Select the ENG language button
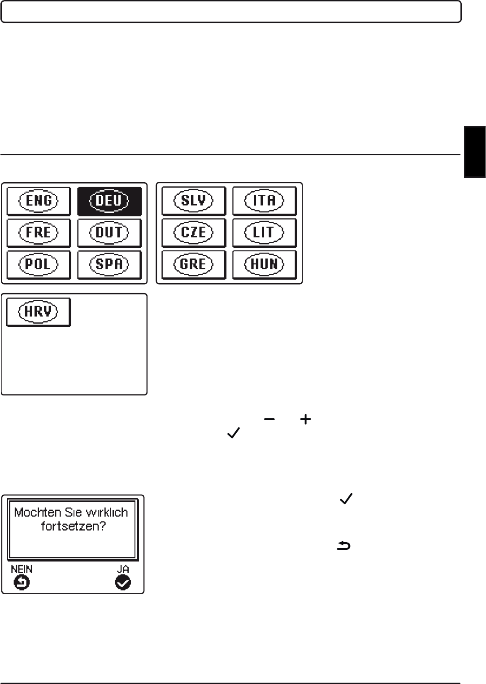click(x=39, y=201)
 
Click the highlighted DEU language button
click(x=109, y=201)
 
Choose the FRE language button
click(x=39, y=233)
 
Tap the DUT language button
click(x=109, y=233)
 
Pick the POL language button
click(x=39, y=265)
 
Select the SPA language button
click(x=109, y=265)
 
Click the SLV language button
click(x=194, y=201)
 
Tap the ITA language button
click(x=265, y=201)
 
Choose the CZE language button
click(x=194, y=232)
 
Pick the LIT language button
click(x=265, y=232)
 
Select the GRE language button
click(x=194, y=265)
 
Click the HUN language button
click(x=265, y=265)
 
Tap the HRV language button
click(x=39, y=312)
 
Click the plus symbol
click(x=305, y=419)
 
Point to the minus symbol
click(x=269, y=419)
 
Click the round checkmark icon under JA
click(x=123, y=583)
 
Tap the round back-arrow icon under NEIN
click(x=22, y=583)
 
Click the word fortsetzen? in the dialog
click(x=74, y=526)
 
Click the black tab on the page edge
click(x=475, y=152)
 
